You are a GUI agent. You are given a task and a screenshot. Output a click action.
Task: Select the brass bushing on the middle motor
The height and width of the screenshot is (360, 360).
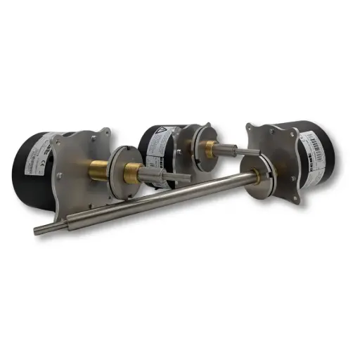208,148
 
